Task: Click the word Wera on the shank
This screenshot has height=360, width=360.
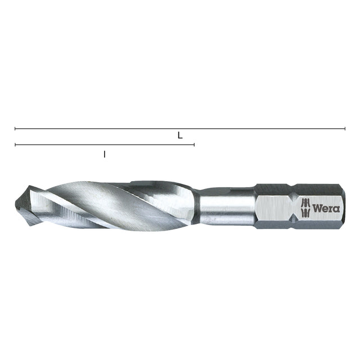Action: pos(326,209)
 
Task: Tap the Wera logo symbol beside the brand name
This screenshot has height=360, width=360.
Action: pos(305,208)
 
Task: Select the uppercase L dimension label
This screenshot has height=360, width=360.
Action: pos(180,136)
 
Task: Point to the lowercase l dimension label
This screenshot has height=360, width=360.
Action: pos(105,154)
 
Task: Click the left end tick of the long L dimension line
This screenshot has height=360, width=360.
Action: pos(15,129)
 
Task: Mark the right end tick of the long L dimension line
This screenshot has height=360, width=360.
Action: pos(345,129)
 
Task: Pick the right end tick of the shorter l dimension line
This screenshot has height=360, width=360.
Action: pos(194,145)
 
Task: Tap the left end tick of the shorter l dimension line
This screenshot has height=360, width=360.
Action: pos(15,145)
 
